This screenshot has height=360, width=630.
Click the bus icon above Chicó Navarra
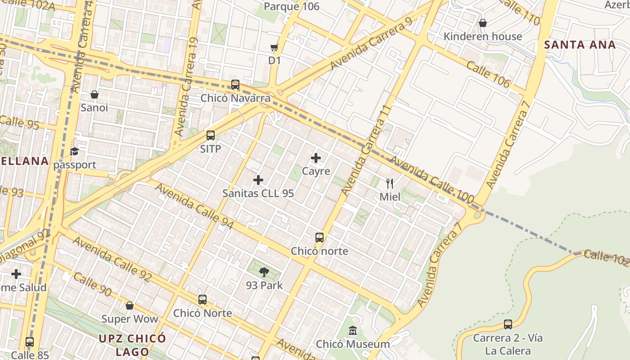tap(235, 85)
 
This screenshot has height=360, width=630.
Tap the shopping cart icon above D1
tap(274, 47)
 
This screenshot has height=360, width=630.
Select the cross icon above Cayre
tap(316, 158)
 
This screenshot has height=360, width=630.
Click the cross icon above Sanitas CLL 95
tap(258, 180)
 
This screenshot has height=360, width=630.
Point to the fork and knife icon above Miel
tap(390, 183)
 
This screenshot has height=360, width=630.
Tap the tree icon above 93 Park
tap(264, 272)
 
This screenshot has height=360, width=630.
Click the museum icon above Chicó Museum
tap(353, 331)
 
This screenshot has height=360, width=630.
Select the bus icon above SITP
tap(210, 135)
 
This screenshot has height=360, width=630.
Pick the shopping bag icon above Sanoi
tap(94, 94)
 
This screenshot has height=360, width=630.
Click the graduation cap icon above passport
tap(74, 152)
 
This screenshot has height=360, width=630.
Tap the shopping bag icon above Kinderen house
tap(483, 23)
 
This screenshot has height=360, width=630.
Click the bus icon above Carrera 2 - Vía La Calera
tap(508, 324)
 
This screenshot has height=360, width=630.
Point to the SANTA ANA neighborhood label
tap(580, 45)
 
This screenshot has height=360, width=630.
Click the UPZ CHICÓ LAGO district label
tap(132, 345)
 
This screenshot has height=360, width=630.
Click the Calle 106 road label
tap(488, 74)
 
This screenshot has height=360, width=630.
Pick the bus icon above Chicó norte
tap(319, 237)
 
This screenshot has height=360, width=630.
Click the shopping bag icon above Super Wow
tap(130, 306)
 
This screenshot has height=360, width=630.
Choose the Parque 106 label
tap(292, 6)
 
